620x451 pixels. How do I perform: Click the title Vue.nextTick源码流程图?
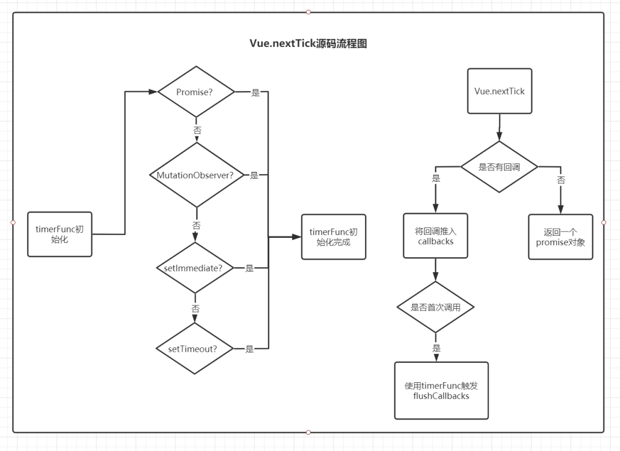click(308, 44)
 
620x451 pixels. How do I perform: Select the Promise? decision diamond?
click(196, 92)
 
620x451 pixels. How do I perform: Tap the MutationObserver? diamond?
click(196, 175)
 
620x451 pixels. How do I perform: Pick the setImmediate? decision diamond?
click(195, 268)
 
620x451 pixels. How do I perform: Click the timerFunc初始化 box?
click(60, 234)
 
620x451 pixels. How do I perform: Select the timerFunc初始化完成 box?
click(334, 237)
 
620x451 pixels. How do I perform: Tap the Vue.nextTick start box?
click(499, 91)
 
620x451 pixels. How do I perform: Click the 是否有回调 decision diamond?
click(499, 167)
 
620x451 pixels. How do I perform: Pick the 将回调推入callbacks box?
click(435, 236)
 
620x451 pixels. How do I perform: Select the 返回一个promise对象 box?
click(560, 237)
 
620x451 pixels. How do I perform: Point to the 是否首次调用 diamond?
click(435, 307)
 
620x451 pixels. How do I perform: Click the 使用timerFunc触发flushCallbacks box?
click(441, 390)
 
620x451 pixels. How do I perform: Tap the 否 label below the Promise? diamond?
click(197, 131)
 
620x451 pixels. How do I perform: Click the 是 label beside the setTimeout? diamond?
click(250, 349)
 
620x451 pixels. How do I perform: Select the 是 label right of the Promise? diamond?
click(255, 93)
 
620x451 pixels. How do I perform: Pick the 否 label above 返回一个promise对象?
click(561, 180)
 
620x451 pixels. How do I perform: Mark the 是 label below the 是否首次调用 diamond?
click(436, 348)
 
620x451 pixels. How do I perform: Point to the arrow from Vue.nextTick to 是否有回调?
click(499, 127)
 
